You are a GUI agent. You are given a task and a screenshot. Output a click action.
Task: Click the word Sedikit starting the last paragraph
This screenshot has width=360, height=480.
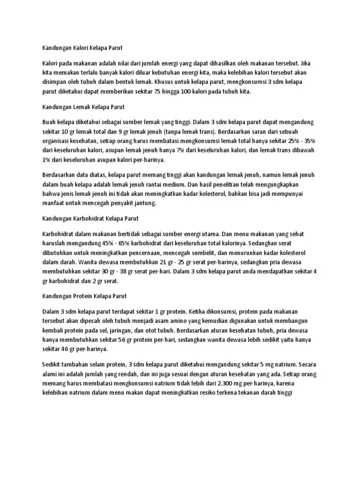coord(53,365)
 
